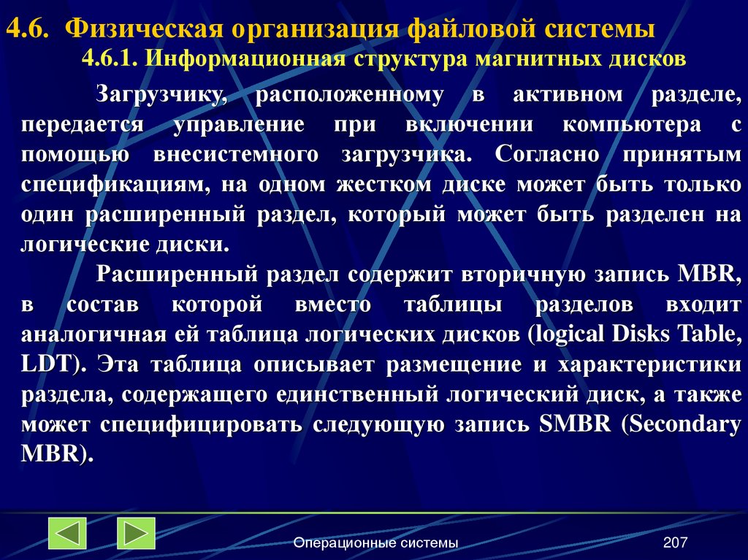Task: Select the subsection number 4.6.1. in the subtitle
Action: coord(110,58)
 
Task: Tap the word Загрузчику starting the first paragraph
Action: coord(164,94)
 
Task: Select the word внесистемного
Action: coord(236,154)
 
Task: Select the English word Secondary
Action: coord(684,424)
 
